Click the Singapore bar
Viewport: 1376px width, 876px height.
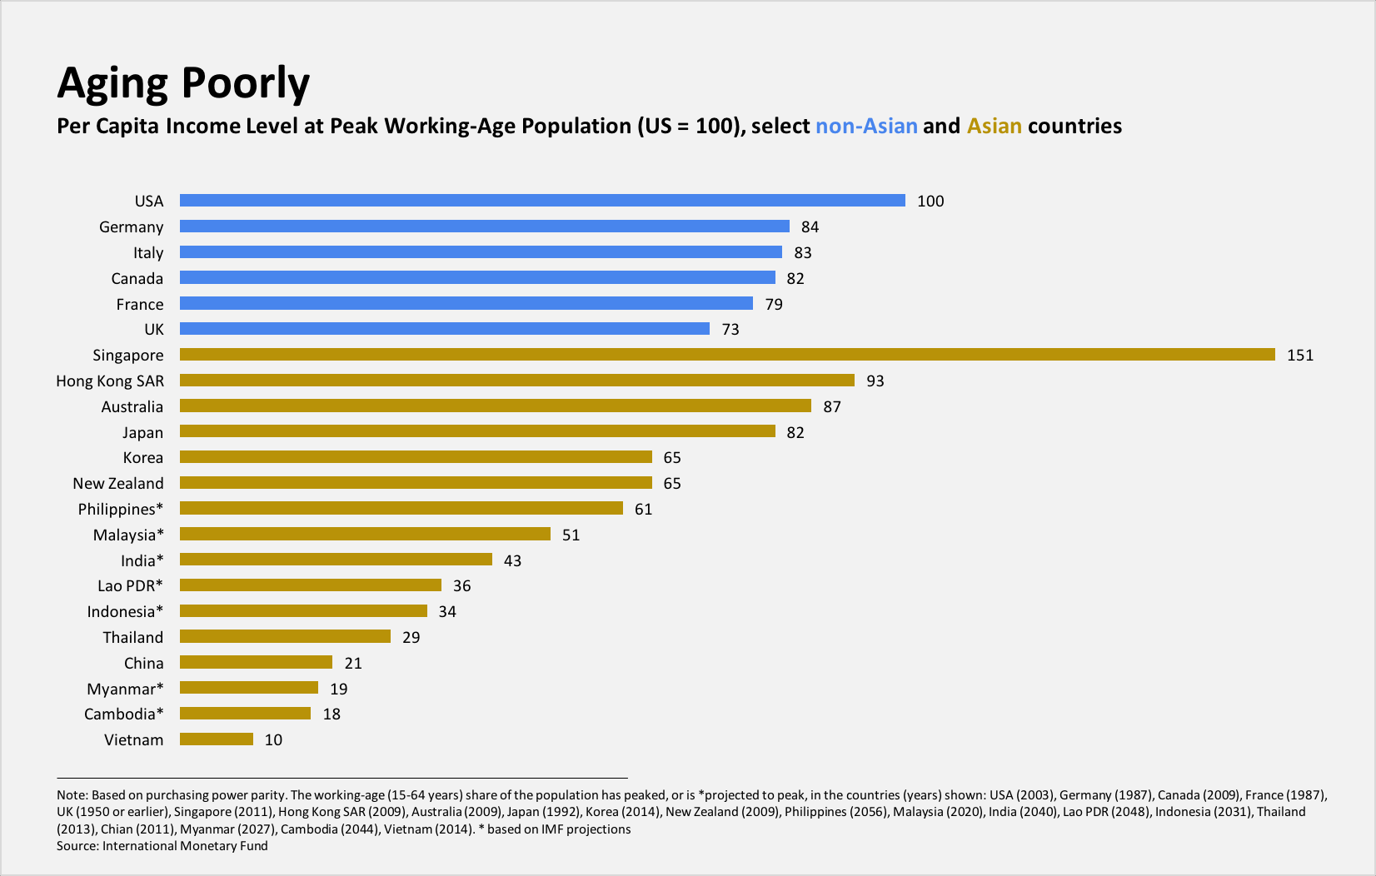[x=727, y=355]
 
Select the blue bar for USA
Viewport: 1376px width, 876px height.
[x=542, y=201]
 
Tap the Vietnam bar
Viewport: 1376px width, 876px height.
[x=217, y=739]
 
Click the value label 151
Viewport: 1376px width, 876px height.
[x=1299, y=356]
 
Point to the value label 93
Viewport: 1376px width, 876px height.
[x=875, y=381]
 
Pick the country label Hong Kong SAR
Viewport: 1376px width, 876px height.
[x=110, y=381]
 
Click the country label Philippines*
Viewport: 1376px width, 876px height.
[x=121, y=510]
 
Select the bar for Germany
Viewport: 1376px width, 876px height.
[x=484, y=226]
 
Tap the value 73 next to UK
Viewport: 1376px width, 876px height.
[x=730, y=330]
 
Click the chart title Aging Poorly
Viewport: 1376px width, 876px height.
[x=183, y=83]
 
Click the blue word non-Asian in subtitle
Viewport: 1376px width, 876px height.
[x=866, y=127]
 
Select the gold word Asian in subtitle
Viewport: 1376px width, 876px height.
[x=994, y=127]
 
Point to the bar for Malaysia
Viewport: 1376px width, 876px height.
[x=365, y=535]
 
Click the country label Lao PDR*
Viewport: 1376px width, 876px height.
[x=130, y=586]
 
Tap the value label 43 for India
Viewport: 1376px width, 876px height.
[x=512, y=561]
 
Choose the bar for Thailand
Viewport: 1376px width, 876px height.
[x=285, y=637]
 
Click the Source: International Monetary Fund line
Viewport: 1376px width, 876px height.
[x=162, y=846]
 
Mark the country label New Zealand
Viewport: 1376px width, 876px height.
[x=118, y=484]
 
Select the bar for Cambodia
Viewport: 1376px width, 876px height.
[x=245, y=714]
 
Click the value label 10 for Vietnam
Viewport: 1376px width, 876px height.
[x=273, y=740]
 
